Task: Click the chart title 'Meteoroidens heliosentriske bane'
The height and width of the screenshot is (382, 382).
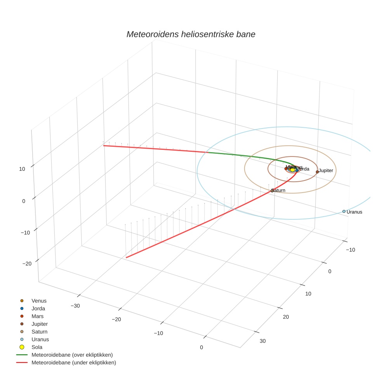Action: pyautogui.click(x=191, y=34)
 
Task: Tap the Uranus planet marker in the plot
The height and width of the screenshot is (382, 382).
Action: pyautogui.click(x=344, y=212)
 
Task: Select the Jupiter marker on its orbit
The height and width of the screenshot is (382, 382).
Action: pyautogui.click(x=317, y=172)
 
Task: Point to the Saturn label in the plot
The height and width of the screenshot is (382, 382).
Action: pyautogui.click(x=279, y=190)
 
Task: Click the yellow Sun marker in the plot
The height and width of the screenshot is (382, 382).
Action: pyautogui.click(x=293, y=170)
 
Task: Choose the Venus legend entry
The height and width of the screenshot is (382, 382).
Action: pyautogui.click(x=39, y=300)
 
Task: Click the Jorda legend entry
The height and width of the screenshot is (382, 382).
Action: pyautogui.click(x=38, y=308)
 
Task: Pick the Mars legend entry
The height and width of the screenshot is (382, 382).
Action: pyautogui.click(x=37, y=316)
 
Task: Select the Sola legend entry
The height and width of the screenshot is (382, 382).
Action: pyautogui.click(x=37, y=347)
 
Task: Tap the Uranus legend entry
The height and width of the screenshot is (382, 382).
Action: pyautogui.click(x=40, y=339)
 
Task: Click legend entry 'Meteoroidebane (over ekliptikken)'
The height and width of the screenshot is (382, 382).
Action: pyautogui.click(x=72, y=355)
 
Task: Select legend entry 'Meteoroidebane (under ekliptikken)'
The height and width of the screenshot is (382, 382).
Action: pyautogui.click(x=74, y=363)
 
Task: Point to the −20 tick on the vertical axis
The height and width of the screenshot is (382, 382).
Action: pyautogui.click(x=27, y=264)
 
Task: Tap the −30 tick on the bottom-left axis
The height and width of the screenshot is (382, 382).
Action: pyautogui.click(x=75, y=306)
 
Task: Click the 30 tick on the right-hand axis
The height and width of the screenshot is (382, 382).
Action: pyautogui.click(x=263, y=341)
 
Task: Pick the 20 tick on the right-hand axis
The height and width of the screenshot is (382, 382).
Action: pyautogui.click(x=286, y=317)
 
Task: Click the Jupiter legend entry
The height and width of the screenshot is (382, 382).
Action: pyautogui.click(x=40, y=324)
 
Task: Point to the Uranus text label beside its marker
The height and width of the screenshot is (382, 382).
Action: pyautogui.click(x=354, y=212)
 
